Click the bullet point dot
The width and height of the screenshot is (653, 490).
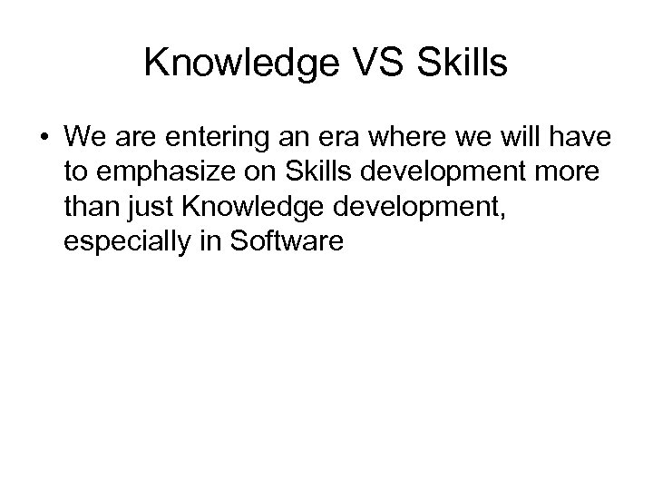pyautogui.click(x=44, y=139)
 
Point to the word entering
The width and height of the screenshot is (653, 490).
pyautogui.click(x=205, y=139)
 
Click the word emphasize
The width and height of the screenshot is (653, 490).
pyautogui.click(x=165, y=172)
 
